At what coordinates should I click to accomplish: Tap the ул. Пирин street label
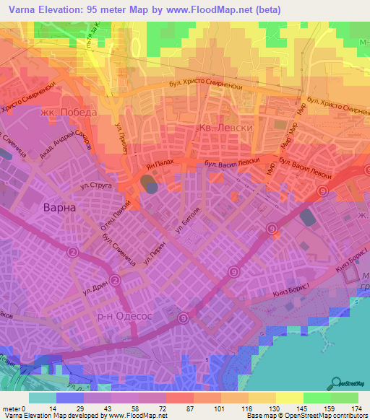pyautogui.click(x=155, y=250)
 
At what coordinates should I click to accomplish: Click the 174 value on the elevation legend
pyautogui.click(x=357, y=408)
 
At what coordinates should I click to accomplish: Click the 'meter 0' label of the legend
pyautogui.click(x=15, y=408)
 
